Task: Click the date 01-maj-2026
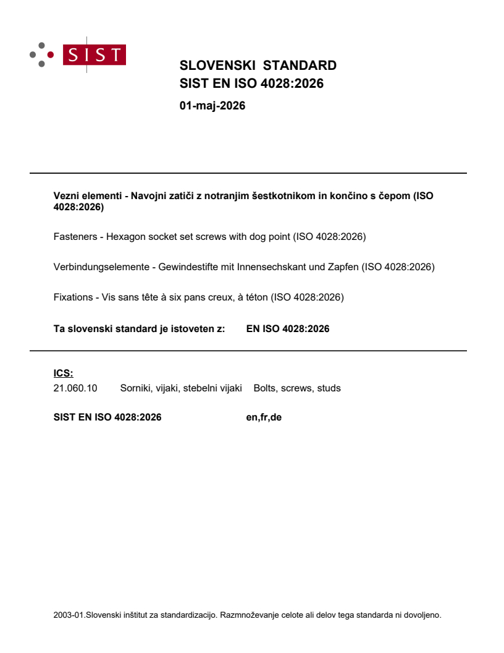[212, 106]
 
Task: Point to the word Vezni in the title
[66, 196]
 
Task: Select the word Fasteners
[74, 237]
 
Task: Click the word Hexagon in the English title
[124, 237]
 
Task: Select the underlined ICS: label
[63, 373]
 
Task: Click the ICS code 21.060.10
[73, 388]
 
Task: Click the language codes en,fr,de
[264, 417]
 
